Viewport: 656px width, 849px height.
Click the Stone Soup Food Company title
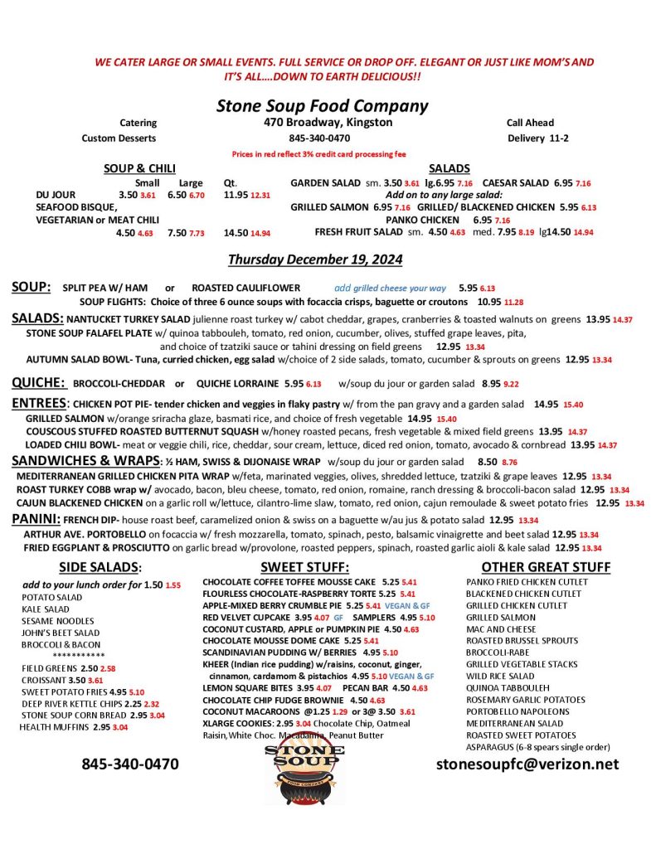tap(322, 105)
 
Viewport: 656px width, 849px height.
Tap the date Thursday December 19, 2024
tap(315, 259)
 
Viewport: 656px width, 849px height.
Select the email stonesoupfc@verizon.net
tap(527, 764)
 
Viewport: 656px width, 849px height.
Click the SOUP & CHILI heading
tap(138, 168)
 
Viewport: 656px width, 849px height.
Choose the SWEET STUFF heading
tap(304, 567)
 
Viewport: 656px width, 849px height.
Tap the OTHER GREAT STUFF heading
tap(546, 567)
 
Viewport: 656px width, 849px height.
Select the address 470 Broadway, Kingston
tap(323, 123)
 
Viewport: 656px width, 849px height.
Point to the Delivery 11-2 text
tap(537, 138)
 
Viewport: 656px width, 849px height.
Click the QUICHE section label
tap(38, 382)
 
